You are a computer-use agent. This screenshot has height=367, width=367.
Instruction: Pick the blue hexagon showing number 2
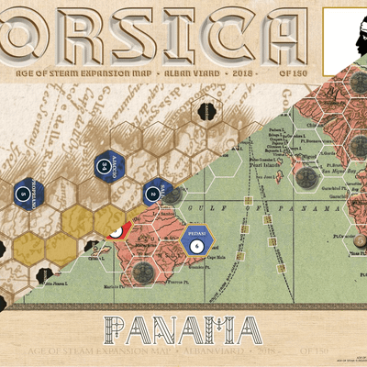[x=151, y=192]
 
